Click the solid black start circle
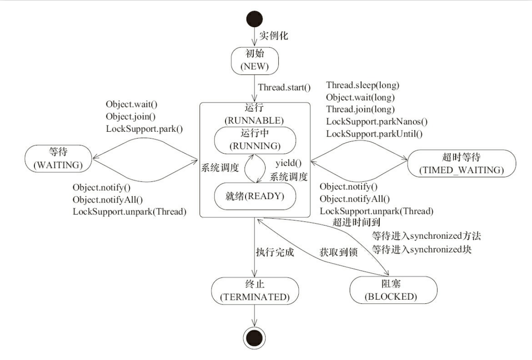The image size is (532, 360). [254, 19]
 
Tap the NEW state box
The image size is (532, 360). [255, 61]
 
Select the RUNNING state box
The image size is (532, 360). [255, 140]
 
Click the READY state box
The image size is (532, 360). [255, 196]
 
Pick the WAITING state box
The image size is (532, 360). [58, 158]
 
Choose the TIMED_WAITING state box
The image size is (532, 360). [461, 163]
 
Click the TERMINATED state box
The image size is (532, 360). [255, 291]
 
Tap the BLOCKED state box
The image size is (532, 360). [393, 290]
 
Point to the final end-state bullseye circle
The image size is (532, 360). [254, 338]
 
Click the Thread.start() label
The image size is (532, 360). [284, 87]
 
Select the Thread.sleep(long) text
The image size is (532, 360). [363, 85]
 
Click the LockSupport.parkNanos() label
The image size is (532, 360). [377, 122]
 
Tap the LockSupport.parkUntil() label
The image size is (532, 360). [374, 134]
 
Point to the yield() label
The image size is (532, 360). [289, 163]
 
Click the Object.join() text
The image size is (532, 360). [131, 117]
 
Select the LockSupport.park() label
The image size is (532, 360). [144, 129]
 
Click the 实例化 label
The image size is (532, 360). [273, 36]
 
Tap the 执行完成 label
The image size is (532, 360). [275, 252]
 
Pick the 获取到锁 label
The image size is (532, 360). [339, 252]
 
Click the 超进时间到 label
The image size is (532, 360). [356, 223]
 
